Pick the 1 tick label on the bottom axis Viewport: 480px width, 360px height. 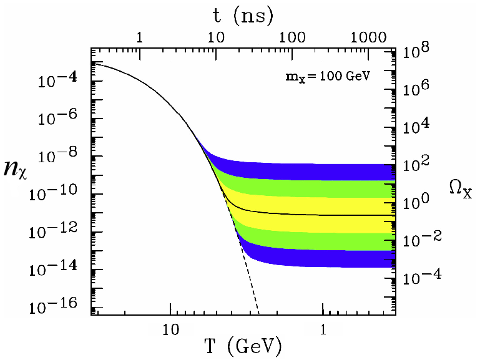point(323,327)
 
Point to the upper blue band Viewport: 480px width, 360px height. point(312,170)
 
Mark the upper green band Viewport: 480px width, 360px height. point(312,188)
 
